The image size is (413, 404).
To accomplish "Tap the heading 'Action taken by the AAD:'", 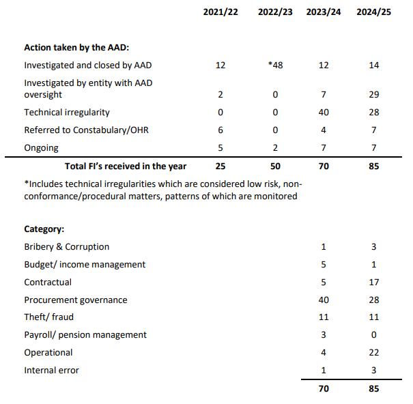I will pyautogui.click(x=76, y=48).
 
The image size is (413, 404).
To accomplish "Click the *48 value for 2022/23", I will pyautogui.click(x=275, y=66).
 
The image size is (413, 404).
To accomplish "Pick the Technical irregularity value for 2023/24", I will pyautogui.click(x=324, y=112).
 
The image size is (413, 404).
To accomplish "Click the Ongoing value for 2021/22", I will pyautogui.click(x=220, y=147).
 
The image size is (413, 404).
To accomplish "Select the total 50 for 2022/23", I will pyautogui.click(x=275, y=166).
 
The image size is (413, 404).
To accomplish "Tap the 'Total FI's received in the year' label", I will pyautogui.click(x=126, y=166).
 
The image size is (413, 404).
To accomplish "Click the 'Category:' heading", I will pyautogui.click(x=44, y=229).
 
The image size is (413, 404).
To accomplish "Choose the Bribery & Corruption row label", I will pyautogui.click(x=67, y=247).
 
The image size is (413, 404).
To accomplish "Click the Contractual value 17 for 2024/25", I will pyautogui.click(x=373, y=282).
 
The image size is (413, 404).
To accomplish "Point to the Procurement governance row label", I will pyautogui.click(x=76, y=300).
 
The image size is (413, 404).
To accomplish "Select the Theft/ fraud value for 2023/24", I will pyautogui.click(x=324, y=317).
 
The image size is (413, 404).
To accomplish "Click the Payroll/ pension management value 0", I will pyautogui.click(x=373, y=335).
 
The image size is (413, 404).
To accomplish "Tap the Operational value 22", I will pyautogui.click(x=373, y=353).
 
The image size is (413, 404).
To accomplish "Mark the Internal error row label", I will pyautogui.click(x=52, y=371).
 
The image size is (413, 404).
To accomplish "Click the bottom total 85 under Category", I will pyautogui.click(x=373, y=389).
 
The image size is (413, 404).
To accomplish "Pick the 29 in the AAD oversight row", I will pyautogui.click(x=373, y=94).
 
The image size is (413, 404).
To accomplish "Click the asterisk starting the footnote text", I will pyautogui.click(x=26, y=184).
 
